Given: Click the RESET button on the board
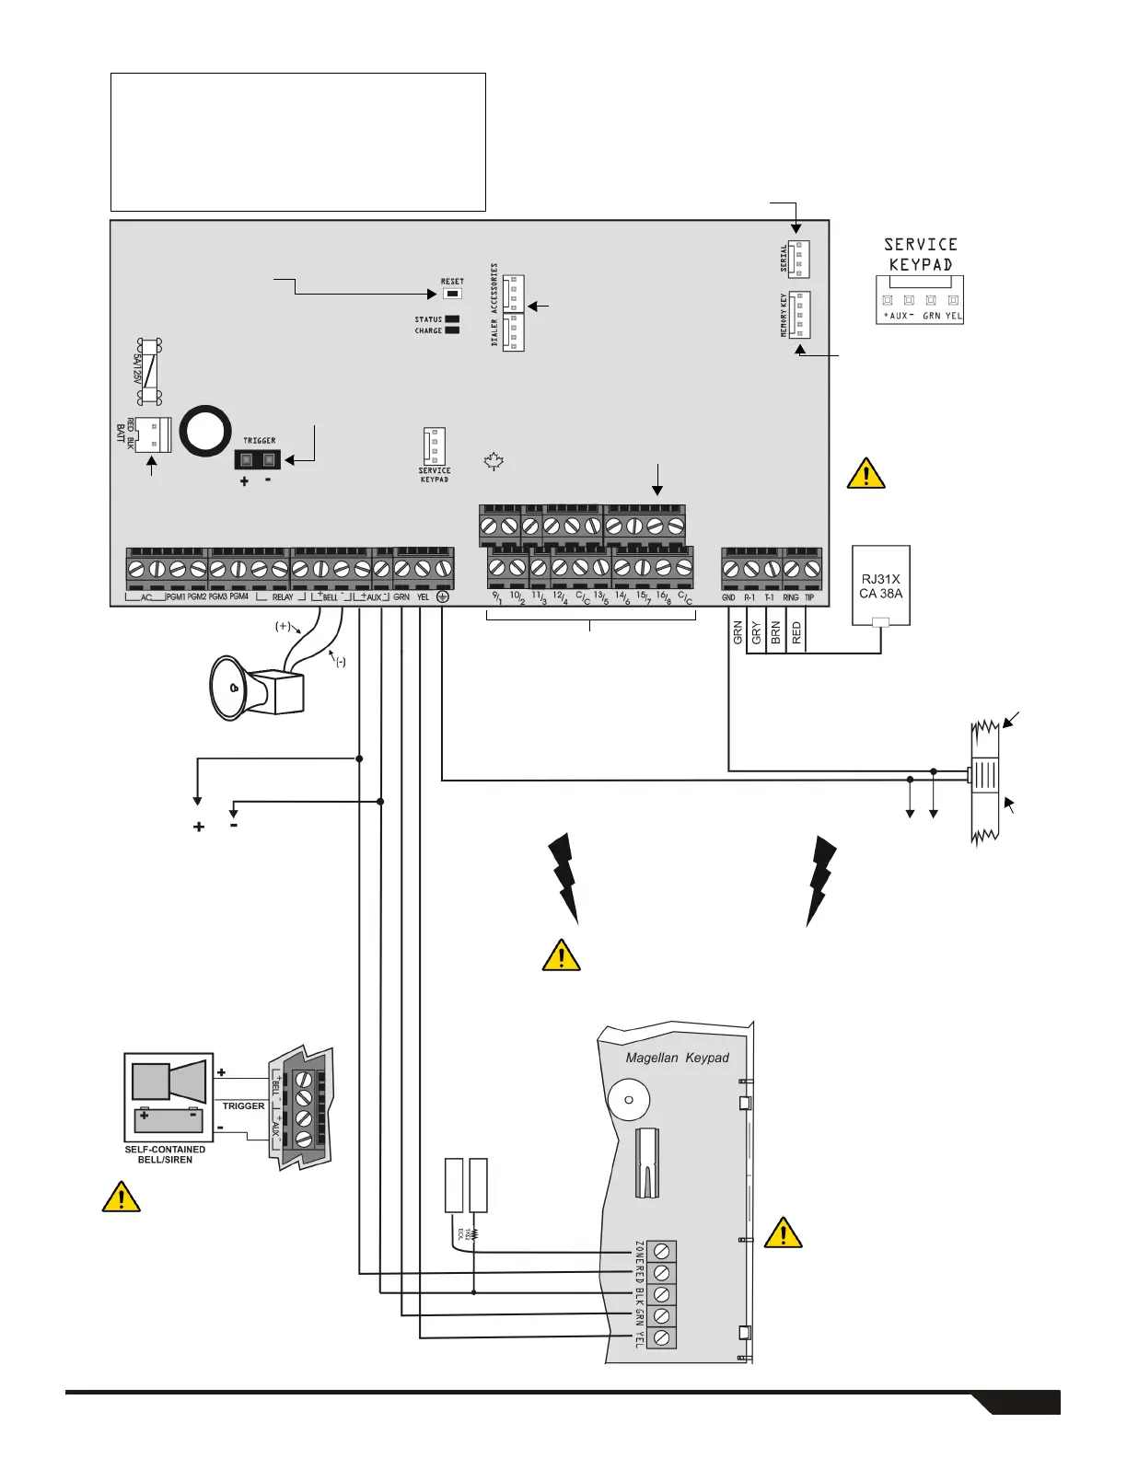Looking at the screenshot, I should (x=452, y=294).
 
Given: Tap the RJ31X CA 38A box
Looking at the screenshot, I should (x=881, y=585).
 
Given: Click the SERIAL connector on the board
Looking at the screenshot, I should (x=798, y=259).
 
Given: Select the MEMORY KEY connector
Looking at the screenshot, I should (x=798, y=315).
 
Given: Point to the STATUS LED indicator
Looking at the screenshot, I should (x=452, y=319).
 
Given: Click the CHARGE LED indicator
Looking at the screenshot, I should (x=452, y=330).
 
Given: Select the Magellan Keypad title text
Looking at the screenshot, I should (x=677, y=1058).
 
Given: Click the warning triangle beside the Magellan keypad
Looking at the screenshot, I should (x=783, y=1232).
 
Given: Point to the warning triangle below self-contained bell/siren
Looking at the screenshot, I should (x=121, y=1197).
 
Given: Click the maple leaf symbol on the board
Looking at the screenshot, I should (x=494, y=462).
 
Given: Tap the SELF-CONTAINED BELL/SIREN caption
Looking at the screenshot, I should (x=165, y=1154).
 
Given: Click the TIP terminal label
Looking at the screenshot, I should (x=809, y=597).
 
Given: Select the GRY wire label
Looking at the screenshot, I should (x=756, y=632).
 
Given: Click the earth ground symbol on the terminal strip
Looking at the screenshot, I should (x=443, y=596).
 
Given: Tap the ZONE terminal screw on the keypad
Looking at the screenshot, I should (x=661, y=1251).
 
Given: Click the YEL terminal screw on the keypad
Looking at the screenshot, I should (x=661, y=1337).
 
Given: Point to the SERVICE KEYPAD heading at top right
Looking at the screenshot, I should (x=920, y=254).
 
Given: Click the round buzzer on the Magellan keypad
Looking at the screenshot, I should (x=630, y=1100).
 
